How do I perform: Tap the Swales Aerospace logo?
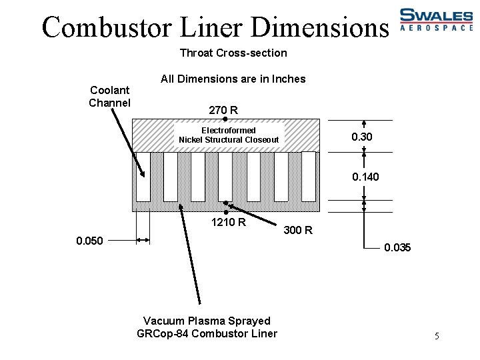click(x=435, y=20)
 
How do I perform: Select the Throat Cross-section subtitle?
click(x=233, y=53)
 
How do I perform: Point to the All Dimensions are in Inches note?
click(x=233, y=79)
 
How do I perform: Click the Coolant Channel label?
click(x=109, y=96)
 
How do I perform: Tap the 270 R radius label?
click(x=224, y=109)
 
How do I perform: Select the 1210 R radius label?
click(x=228, y=222)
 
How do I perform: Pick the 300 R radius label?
click(x=298, y=231)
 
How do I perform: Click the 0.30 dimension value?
click(x=362, y=137)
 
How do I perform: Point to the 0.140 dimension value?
click(x=365, y=177)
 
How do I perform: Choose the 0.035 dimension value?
click(x=397, y=248)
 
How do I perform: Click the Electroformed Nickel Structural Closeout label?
click(x=229, y=135)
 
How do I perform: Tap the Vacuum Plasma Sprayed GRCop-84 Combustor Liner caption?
click(x=207, y=327)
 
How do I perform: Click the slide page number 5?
click(x=437, y=336)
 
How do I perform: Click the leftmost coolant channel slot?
click(x=143, y=177)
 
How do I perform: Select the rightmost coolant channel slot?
click(x=308, y=177)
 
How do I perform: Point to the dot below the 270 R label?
click(x=225, y=119)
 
